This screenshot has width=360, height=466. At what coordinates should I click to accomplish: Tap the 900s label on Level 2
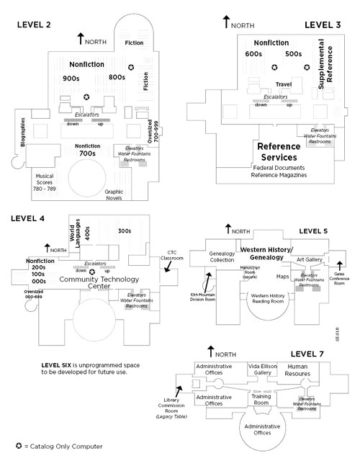tap(71, 77)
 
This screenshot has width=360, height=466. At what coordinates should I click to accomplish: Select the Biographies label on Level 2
tap(23, 132)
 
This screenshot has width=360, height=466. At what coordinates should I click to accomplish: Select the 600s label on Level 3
tap(253, 54)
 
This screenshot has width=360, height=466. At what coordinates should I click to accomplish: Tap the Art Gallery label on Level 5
tap(308, 259)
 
